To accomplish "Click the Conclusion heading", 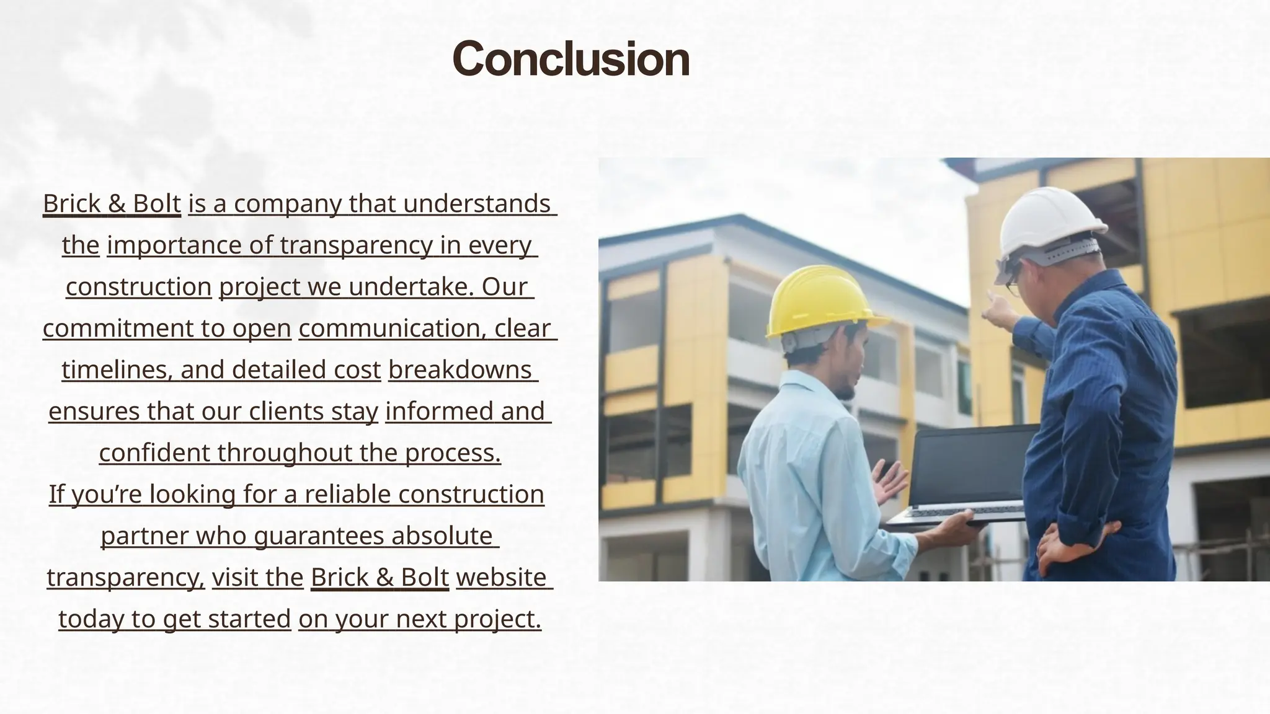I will (571, 59).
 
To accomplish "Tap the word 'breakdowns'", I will (460, 370).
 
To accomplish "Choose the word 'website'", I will (501, 578).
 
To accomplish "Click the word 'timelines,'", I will (117, 370).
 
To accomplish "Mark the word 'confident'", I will (154, 453).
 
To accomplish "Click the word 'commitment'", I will (118, 328).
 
